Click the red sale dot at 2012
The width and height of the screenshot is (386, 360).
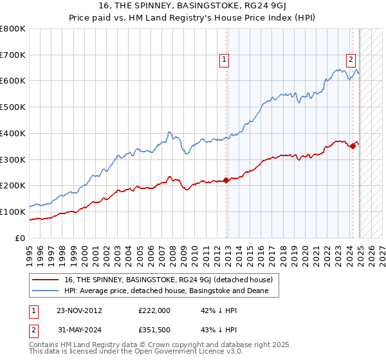(x=226, y=180)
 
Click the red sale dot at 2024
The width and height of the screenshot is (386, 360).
(x=353, y=146)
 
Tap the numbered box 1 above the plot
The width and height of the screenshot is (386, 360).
(x=225, y=60)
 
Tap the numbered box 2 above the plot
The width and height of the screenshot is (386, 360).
(x=351, y=60)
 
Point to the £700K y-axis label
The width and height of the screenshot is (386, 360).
(x=14, y=55)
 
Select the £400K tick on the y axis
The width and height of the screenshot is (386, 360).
(x=14, y=133)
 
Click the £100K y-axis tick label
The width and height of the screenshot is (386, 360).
(x=14, y=212)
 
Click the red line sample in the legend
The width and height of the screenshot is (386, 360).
(x=46, y=280)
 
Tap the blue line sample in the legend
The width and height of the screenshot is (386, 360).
(x=46, y=291)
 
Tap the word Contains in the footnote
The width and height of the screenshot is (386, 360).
(x=44, y=345)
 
